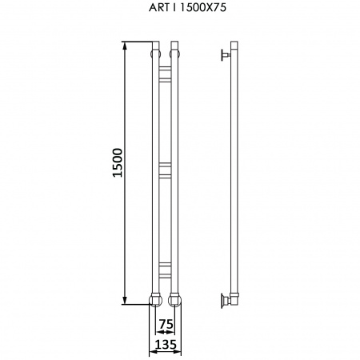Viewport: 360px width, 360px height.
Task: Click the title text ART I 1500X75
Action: [187, 7]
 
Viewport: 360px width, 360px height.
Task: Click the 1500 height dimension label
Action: [118, 163]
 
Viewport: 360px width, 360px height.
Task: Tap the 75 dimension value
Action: [166, 324]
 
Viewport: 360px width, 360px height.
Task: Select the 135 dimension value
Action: [166, 345]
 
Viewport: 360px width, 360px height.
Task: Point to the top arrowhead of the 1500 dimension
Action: [125, 46]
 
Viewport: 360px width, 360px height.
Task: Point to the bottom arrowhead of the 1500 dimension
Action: [125, 300]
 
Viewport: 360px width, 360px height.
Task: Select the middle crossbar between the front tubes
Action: [165, 170]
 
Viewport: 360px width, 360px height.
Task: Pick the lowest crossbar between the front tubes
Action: [165, 270]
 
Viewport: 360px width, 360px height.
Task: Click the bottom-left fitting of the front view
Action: [155, 300]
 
